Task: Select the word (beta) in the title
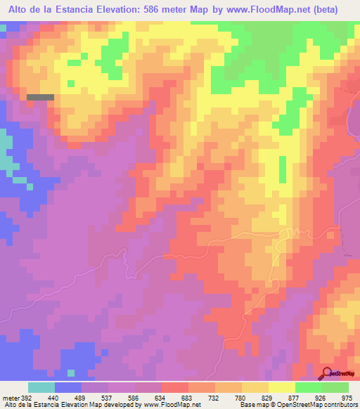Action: click(323, 10)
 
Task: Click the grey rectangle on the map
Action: click(40, 97)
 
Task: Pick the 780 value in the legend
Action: click(239, 397)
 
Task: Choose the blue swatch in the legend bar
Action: click(68, 387)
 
